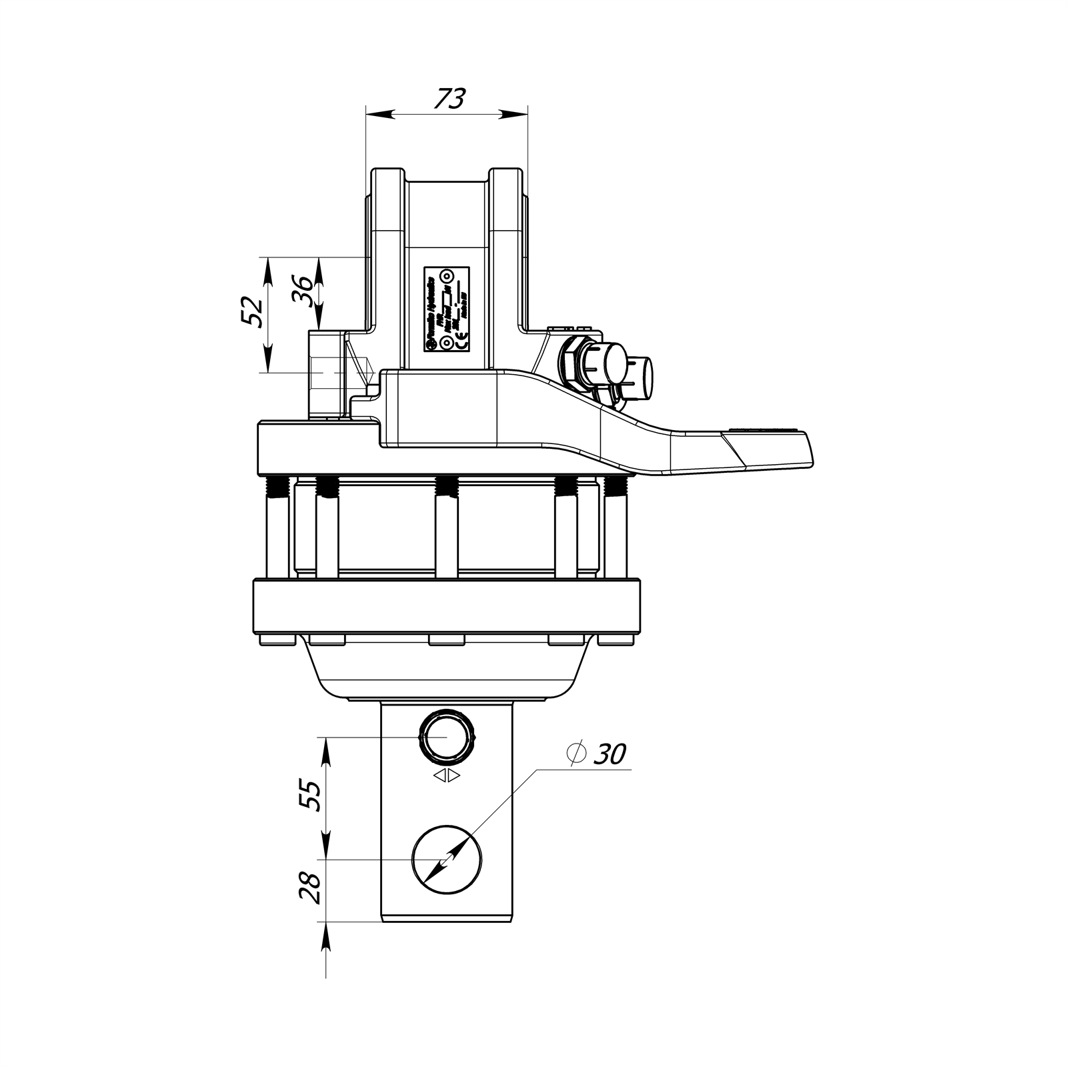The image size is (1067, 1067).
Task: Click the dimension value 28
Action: [x=311, y=887]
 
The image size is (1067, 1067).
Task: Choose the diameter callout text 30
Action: [x=610, y=754]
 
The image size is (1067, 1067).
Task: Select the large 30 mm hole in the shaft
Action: [x=447, y=860]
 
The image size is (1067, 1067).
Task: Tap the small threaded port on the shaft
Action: [x=447, y=738]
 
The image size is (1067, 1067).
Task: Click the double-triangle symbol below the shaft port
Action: [x=446, y=775]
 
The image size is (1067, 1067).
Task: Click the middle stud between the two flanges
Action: [x=446, y=530]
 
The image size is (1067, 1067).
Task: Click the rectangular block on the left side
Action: [x=325, y=373]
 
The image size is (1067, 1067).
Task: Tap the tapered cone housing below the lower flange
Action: [x=447, y=674]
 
